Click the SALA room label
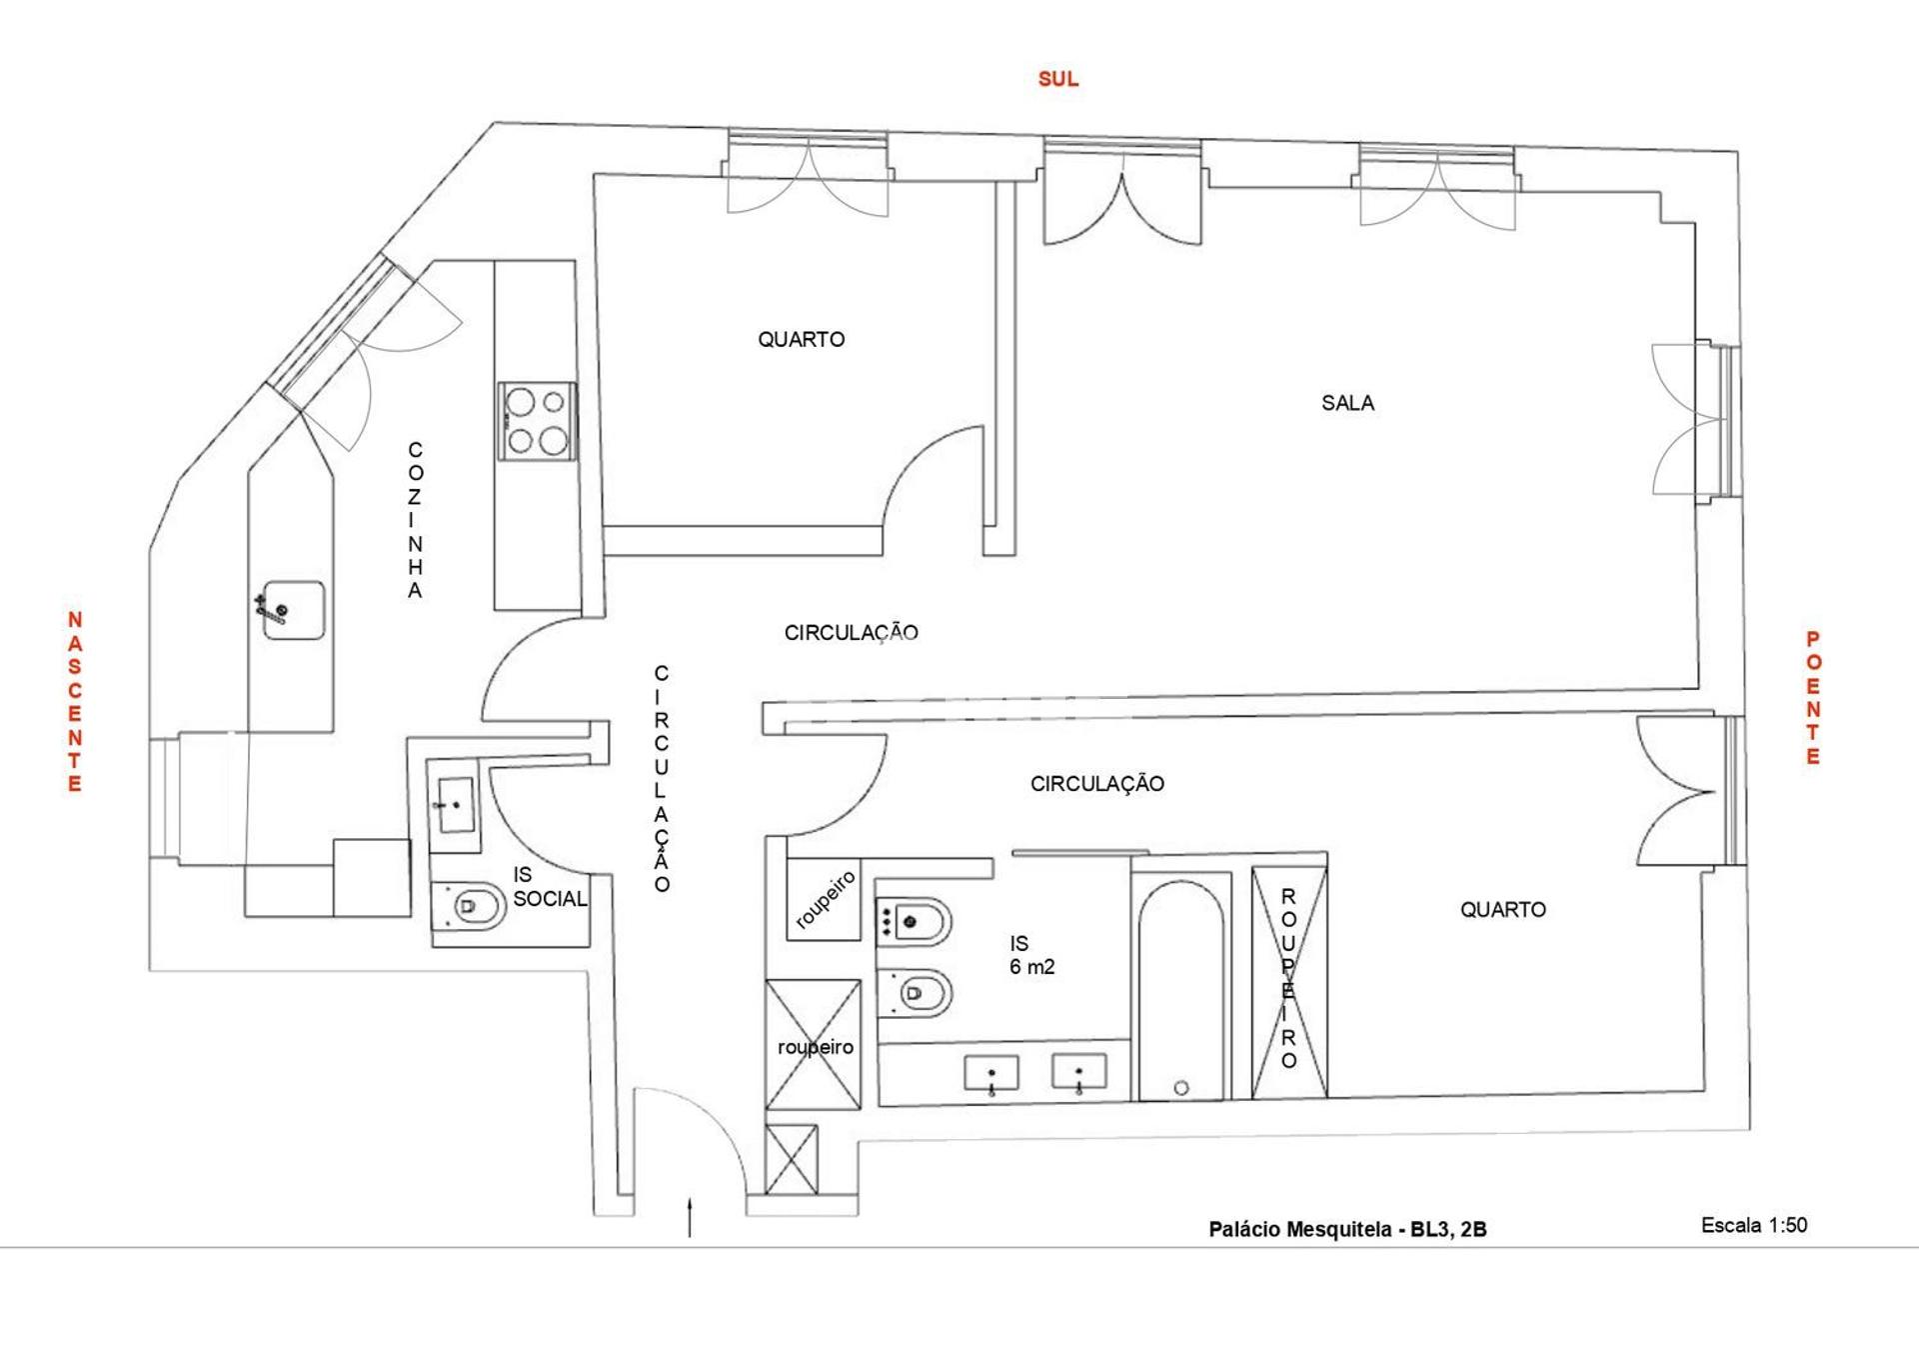point(1347,403)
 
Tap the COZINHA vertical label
point(415,520)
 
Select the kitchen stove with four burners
point(537,421)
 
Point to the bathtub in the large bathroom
point(1181,990)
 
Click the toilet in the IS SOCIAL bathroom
point(473,906)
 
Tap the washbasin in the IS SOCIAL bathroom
point(455,805)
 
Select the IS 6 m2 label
point(1031,955)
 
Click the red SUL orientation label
point(1058,79)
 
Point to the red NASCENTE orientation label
point(75,702)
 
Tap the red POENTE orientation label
point(1813,698)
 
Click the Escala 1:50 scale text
point(1754,1225)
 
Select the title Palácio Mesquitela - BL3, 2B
point(1347,1229)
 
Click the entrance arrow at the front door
point(690,1217)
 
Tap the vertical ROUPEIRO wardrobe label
point(1288,978)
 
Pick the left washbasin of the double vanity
point(991,1074)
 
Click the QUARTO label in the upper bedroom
point(801,340)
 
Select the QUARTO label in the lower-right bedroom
point(1502,910)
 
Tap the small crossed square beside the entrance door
point(792,1160)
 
